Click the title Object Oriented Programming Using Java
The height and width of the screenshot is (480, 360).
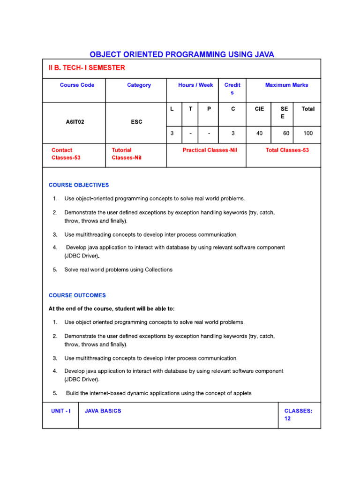[x=182, y=54]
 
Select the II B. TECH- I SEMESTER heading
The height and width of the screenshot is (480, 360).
[x=87, y=68]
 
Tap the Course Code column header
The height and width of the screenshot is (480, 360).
[x=77, y=85]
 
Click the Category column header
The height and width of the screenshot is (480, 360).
[x=139, y=85]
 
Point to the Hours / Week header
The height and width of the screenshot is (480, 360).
[x=195, y=85]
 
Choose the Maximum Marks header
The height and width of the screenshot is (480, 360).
[x=286, y=85]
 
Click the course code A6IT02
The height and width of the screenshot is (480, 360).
[x=75, y=122]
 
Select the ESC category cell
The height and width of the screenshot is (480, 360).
[x=136, y=122]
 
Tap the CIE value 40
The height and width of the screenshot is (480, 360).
[x=259, y=134]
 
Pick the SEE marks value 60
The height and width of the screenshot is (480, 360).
[x=286, y=134]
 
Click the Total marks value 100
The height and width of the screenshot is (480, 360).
[x=308, y=134]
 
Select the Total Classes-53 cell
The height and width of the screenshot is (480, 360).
[x=287, y=150]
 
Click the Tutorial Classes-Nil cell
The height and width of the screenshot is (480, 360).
[x=127, y=154]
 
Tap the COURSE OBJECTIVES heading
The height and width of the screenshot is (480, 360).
[x=79, y=185]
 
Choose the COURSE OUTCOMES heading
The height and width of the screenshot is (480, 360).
[x=77, y=296]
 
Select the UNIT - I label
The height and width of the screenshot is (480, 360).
[x=61, y=411]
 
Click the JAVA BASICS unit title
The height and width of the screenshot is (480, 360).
[x=103, y=411]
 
